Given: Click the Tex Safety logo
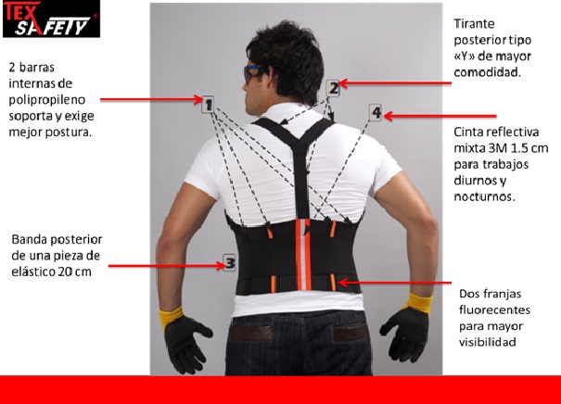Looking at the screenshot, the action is pyautogui.click(x=51, y=19).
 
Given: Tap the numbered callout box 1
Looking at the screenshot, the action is pyautogui.click(x=208, y=105).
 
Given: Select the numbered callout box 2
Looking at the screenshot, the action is pyautogui.click(x=334, y=88).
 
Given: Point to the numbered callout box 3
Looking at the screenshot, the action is pyautogui.click(x=229, y=263).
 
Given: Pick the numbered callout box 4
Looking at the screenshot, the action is pyautogui.click(x=376, y=113).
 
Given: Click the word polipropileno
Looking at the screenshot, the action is pyautogui.click(x=47, y=100).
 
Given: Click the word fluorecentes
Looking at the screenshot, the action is pyautogui.click(x=494, y=309).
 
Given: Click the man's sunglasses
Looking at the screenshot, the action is pyautogui.click(x=250, y=73).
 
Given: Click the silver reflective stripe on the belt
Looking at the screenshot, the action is pyautogui.click(x=302, y=255).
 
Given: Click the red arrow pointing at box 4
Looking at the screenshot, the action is pyautogui.click(x=440, y=116).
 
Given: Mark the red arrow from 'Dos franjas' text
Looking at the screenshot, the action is pyautogui.click(x=394, y=283).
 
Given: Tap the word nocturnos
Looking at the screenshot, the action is pyautogui.click(x=484, y=196).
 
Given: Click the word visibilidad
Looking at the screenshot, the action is pyautogui.click(x=488, y=342).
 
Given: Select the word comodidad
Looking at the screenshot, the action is pyautogui.click(x=487, y=72).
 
